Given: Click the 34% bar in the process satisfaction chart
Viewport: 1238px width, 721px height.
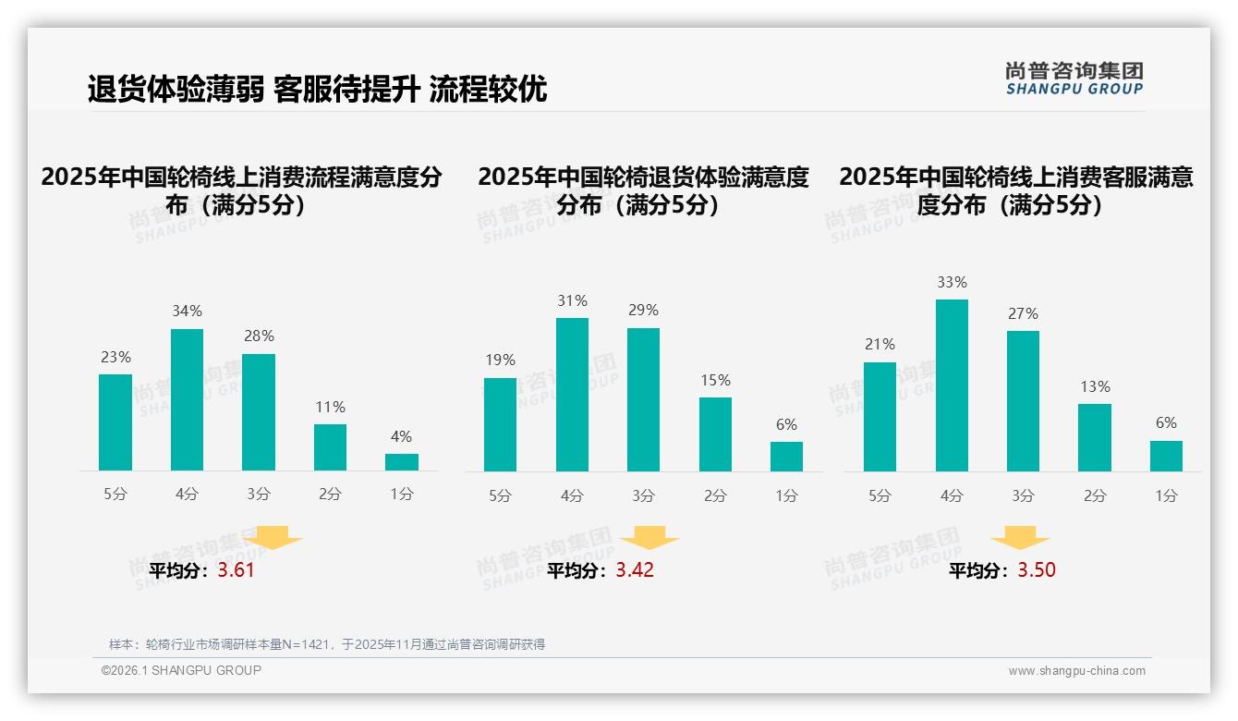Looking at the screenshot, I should point(187,399).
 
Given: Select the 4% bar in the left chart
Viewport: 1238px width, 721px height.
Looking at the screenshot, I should point(401,461).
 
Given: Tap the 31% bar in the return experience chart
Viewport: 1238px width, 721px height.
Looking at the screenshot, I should point(572,395).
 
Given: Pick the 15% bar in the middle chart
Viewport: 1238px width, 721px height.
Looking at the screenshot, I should point(715,434).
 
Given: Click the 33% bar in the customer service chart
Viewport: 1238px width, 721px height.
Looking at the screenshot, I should point(952,385).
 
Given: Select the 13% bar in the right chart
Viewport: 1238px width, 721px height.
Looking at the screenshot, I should point(1095,437).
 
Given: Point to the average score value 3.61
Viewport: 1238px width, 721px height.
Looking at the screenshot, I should point(236,570).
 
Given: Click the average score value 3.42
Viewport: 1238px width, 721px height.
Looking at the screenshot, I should point(635,570).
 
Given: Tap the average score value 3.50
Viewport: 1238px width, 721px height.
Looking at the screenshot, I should point(1037,570).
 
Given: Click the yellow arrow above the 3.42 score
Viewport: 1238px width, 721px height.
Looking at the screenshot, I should point(649,538).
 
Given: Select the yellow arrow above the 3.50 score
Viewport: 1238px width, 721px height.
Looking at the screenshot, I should point(1020,538).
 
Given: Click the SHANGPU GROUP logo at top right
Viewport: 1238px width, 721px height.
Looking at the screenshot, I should point(1074,79).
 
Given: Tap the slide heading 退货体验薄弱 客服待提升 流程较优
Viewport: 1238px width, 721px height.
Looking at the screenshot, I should point(317,89).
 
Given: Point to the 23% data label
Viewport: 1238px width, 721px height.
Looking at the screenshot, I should point(115,357).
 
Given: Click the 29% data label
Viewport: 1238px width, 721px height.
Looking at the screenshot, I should point(643,311).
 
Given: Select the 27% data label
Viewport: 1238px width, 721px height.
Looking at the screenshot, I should point(1023,314).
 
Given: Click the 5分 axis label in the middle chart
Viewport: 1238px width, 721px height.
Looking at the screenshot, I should point(500,495).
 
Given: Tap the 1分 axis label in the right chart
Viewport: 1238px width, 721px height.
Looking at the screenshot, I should point(1166,495).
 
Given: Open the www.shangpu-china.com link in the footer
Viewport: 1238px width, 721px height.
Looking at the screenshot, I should point(1076,671).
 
